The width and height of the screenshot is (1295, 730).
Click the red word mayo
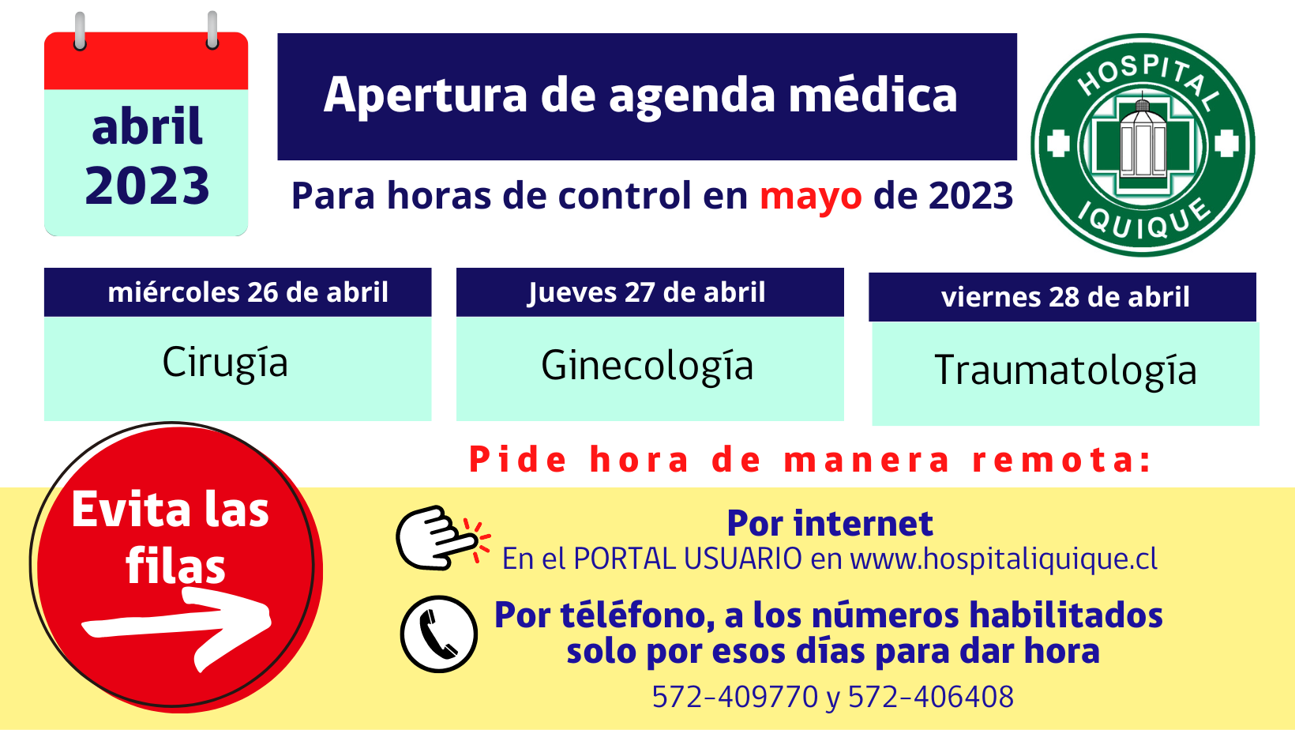pos(810,198)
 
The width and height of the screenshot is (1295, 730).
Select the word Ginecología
pos(647,366)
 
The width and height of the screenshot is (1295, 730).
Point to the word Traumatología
pos(1065,370)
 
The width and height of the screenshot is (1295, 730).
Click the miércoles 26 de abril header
pos(238,292)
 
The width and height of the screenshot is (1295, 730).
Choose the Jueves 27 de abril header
pos(650,292)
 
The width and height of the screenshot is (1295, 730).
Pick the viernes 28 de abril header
pos(1063,297)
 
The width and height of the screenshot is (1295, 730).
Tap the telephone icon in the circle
pos(439,634)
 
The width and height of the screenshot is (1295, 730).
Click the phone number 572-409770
pos(735,697)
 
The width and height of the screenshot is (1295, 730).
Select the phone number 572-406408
pos(931,697)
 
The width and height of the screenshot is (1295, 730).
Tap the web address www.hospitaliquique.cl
pos(1004,559)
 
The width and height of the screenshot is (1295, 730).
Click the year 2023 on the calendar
pos(147,186)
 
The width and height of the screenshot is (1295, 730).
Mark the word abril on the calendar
pos(147,126)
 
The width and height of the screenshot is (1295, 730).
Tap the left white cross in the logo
pos(1058,144)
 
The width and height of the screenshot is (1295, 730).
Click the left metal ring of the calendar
pos(80,31)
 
